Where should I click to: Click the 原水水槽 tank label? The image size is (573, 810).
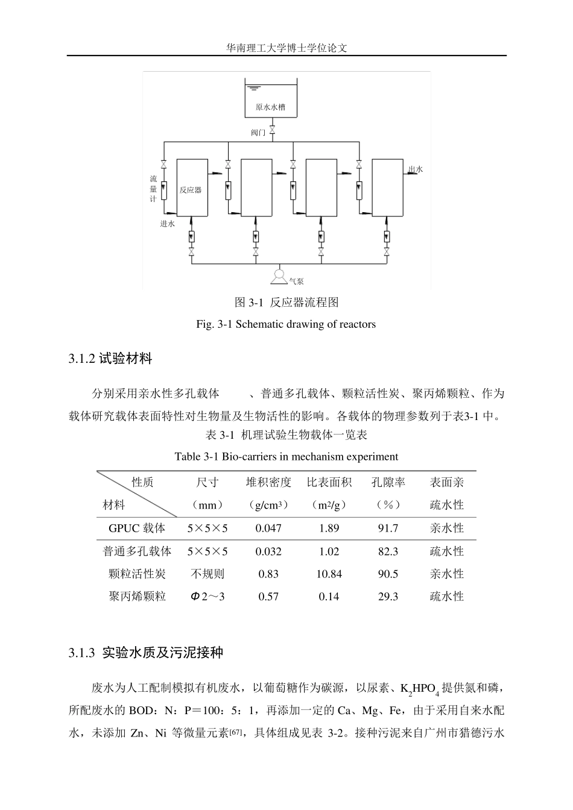(270, 108)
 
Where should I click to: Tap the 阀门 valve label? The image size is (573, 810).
(258, 132)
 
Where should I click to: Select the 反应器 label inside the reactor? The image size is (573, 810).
(191, 190)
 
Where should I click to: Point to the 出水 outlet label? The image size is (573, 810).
(416, 170)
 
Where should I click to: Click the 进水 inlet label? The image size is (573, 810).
(167, 224)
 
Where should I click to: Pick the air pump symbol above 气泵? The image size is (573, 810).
(279, 276)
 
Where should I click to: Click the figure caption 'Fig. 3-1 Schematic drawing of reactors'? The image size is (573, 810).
(286, 324)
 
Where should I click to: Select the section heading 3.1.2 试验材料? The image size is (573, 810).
(110, 359)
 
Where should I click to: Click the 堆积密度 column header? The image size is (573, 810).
(268, 482)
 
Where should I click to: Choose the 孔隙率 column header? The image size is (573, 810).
(388, 482)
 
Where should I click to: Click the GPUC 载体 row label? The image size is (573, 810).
(137, 529)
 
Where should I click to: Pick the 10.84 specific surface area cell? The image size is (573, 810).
(329, 574)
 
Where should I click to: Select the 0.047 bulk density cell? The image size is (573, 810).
(268, 529)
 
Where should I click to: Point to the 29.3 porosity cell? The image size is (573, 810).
(388, 597)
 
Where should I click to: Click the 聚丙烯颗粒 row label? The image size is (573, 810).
(137, 597)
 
